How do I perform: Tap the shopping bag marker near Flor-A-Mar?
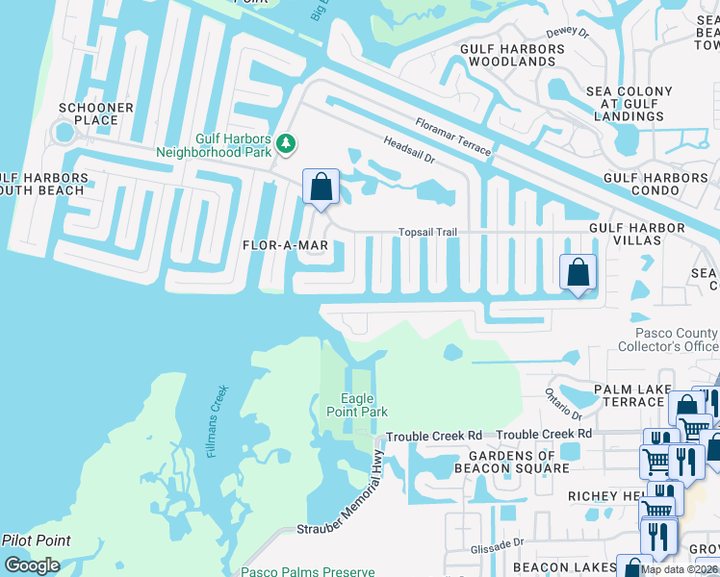tap(321, 187)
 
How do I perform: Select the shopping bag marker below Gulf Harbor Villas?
tap(578, 272)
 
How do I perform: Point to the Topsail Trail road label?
tap(427, 233)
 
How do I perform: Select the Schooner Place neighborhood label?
tap(89, 113)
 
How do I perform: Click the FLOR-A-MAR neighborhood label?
tap(285, 246)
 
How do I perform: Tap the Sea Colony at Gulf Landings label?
tap(623, 103)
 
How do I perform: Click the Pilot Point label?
tap(36, 540)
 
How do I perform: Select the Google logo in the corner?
tap(32, 565)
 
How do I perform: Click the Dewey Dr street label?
tap(568, 33)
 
